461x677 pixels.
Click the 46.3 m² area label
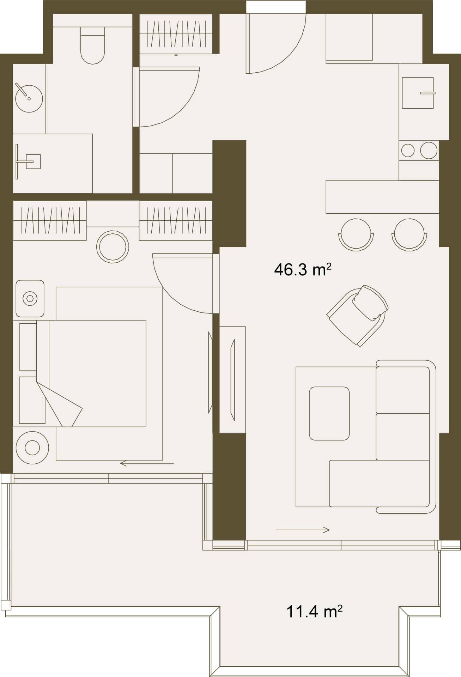point(303,270)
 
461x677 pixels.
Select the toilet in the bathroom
point(93,45)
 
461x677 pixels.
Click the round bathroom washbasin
point(29,98)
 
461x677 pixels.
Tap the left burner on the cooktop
point(408,151)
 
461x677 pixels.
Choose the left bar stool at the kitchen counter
point(356,234)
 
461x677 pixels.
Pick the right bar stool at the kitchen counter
point(409,234)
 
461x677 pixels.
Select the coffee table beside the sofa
point(329,413)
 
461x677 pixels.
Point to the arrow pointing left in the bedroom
point(147,463)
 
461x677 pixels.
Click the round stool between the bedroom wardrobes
point(113,246)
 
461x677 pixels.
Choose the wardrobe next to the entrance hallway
point(176,34)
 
